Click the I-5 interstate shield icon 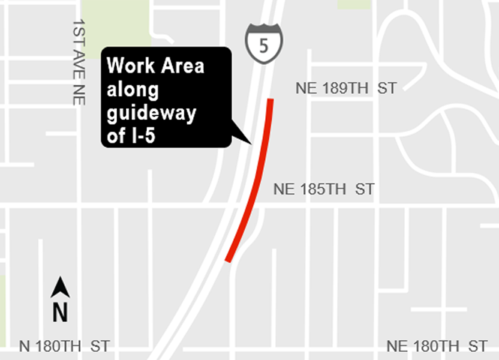tap(264, 43)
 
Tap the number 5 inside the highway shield tap(264, 46)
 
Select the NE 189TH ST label tap(346, 88)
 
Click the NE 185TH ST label tap(324, 190)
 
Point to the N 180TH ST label tap(64, 346)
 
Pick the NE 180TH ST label tap(437, 346)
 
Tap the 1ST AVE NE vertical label tap(78, 62)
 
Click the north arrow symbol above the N tap(61, 287)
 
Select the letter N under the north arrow tap(61, 312)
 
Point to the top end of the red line tap(270, 101)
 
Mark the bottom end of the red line tap(228, 260)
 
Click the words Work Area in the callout tap(155, 66)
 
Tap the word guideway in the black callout tap(151, 114)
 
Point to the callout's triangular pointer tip tap(250, 145)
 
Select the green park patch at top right tap(354, 4)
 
